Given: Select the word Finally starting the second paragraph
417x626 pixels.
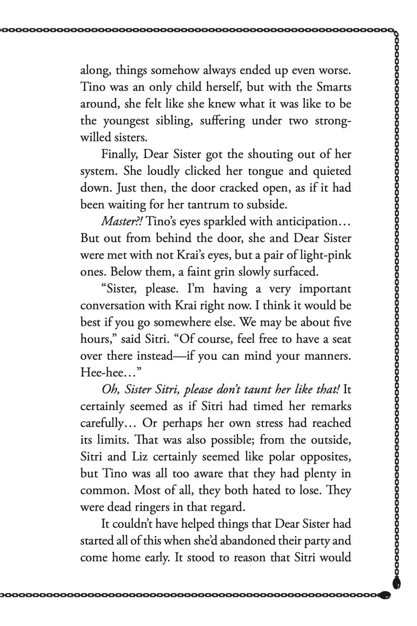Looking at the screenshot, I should [x=120, y=154].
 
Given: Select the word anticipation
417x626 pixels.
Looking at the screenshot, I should [x=309, y=222].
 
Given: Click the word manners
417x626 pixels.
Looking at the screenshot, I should [x=328, y=356].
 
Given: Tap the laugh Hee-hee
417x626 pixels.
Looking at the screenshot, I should [x=103, y=373].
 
